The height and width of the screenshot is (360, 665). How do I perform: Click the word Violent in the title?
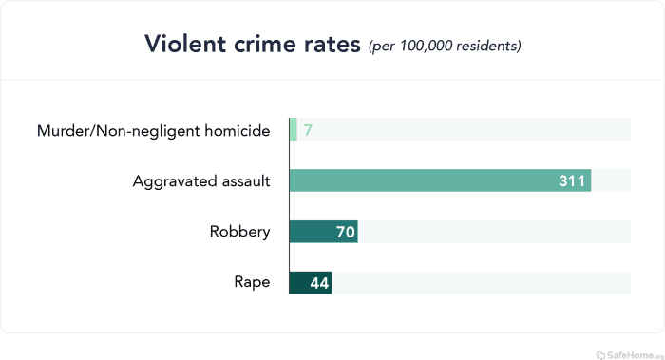click(180, 44)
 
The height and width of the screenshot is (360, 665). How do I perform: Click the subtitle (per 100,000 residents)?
click(445, 46)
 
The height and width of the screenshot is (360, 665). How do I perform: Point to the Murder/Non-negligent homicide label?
click(153, 130)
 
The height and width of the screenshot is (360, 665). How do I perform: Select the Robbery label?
click(239, 232)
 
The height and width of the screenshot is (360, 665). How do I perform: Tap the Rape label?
click(252, 282)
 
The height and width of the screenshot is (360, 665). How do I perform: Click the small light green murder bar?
click(294, 129)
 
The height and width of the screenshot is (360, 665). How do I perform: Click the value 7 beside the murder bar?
click(308, 130)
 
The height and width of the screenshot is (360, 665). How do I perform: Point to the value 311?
click(571, 180)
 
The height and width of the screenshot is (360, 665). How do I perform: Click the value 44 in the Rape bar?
click(318, 282)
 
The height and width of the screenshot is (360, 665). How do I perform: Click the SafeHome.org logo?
click(627, 353)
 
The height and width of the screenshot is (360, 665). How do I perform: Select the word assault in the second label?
click(241, 180)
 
